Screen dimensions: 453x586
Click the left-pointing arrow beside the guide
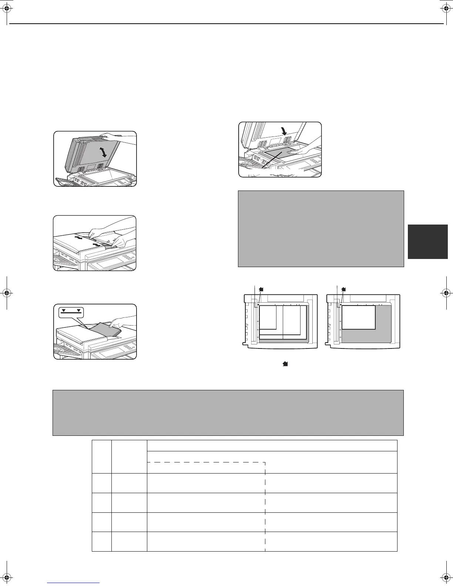78,238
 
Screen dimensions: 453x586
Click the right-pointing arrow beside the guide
97,245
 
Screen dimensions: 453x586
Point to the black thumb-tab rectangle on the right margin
427,241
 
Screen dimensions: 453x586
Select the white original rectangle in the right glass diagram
358,317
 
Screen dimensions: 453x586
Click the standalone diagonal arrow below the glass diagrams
285,364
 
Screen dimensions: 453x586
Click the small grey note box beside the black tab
321,228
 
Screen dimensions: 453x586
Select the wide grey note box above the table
228,412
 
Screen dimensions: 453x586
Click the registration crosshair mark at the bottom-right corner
445,577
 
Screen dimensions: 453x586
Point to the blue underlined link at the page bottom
74,583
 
